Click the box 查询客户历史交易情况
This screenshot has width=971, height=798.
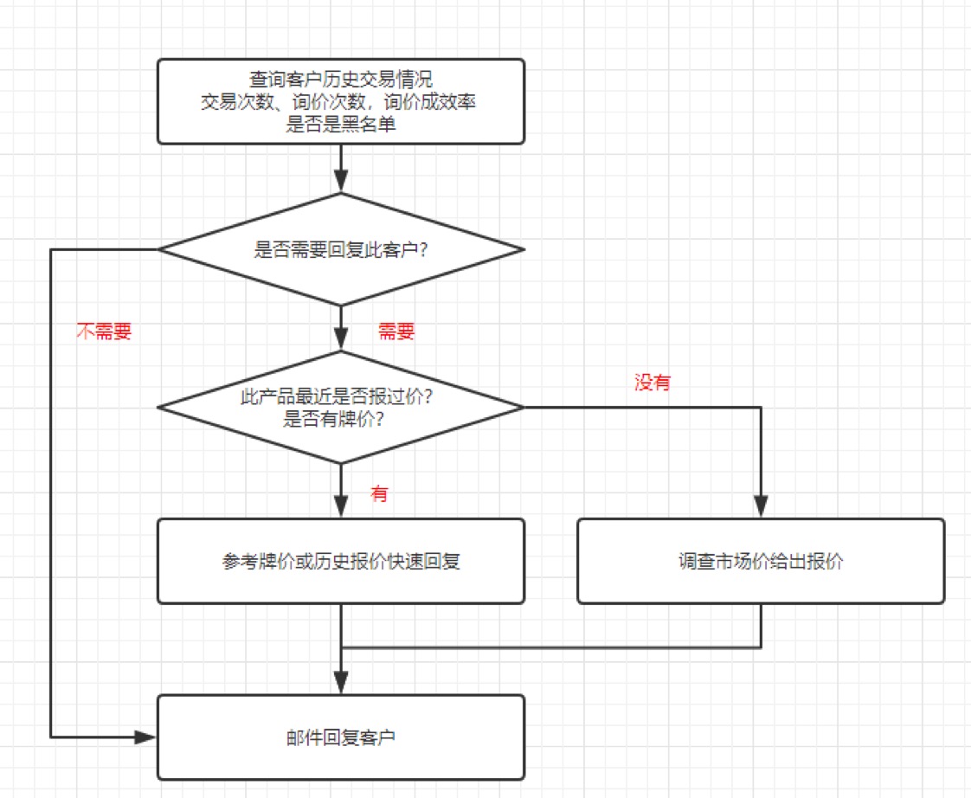click(341, 101)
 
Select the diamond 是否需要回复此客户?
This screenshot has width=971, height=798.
click(341, 249)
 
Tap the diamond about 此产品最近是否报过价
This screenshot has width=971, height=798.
click(341, 407)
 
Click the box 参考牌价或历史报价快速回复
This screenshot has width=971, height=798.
click(341, 562)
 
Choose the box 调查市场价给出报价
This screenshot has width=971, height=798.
click(761, 562)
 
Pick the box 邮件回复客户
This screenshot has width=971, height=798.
click(341, 737)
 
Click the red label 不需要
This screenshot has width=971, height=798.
click(104, 331)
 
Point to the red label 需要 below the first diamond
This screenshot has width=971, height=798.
click(396, 331)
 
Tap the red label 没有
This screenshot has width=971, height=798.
click(653, 383)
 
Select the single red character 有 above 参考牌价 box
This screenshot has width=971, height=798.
click(379, 494)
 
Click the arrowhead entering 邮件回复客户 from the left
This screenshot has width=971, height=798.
click(145, 737)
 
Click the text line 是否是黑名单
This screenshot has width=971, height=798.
click(341, 125)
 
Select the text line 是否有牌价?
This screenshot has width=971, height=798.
click(334, 419)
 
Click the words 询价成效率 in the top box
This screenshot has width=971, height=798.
click(430, 101)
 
